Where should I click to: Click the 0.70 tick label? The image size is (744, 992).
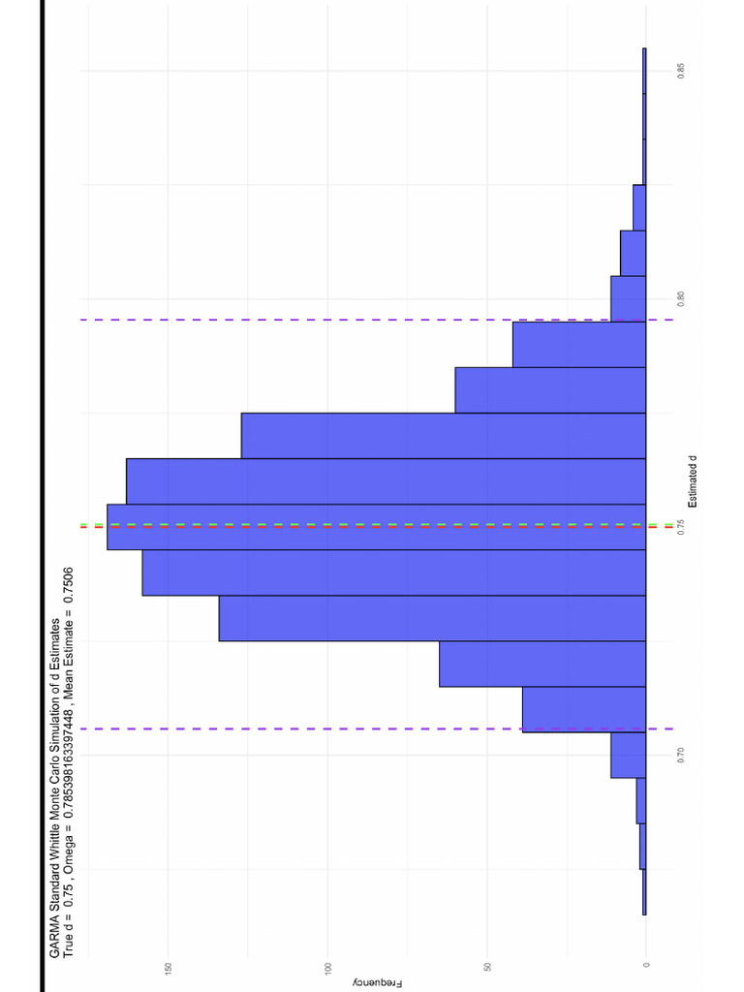[x=682, y=754]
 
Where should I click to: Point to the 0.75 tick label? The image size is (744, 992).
[x=682, y=526]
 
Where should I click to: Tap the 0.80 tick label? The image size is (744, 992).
[x=682, y=298]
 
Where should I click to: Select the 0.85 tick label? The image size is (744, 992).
[x=682, y=71]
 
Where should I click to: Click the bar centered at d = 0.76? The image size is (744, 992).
[x=387, y=481]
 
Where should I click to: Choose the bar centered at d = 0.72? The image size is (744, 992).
[x=542, y=664]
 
